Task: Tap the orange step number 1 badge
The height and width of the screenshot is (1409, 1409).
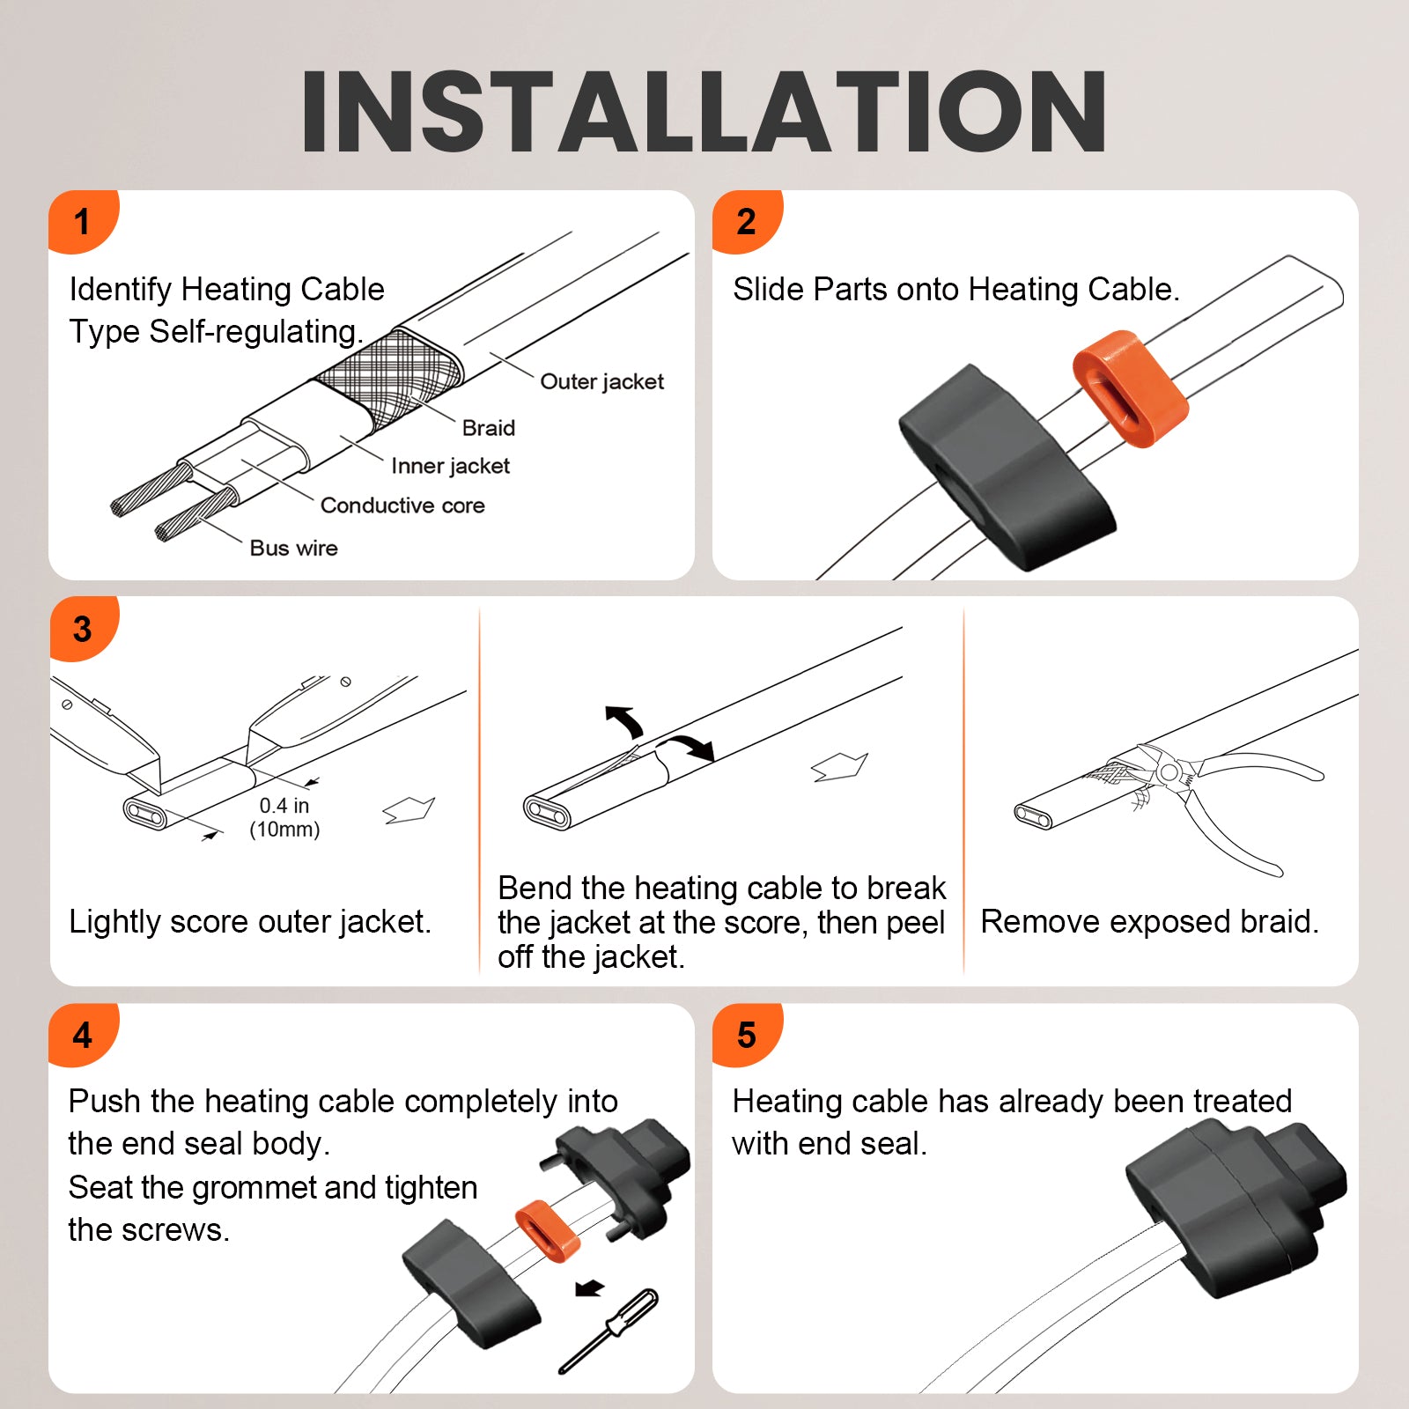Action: (x=82, y=221)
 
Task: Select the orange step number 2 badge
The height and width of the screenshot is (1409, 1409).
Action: (x=746, y=221)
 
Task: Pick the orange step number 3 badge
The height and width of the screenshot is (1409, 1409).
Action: (x=82, y=628)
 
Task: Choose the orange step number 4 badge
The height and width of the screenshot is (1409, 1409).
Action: (x=82, y=1035)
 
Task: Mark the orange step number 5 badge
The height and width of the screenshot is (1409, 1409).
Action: (x=746, y=1035)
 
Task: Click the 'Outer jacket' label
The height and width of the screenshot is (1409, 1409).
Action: (x=602, y=381)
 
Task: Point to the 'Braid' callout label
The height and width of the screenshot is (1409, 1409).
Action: (x=489, y=428)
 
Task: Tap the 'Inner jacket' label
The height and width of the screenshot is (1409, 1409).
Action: (x=450, y=466)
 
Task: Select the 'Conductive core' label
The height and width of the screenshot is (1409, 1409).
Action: (x=402, y=505)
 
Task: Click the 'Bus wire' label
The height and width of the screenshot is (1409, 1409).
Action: (x=293, y=548)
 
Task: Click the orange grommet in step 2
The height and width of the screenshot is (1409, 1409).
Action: (x=1131, y=388)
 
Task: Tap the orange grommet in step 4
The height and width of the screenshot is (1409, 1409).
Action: (x=548, y=1230)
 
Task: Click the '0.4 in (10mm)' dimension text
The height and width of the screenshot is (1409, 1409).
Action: (x=284, y=817)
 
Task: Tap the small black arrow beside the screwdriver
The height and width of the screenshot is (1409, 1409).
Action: (x=589, y=1288)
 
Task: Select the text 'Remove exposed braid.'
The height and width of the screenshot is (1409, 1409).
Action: (x=1150, y=922)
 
